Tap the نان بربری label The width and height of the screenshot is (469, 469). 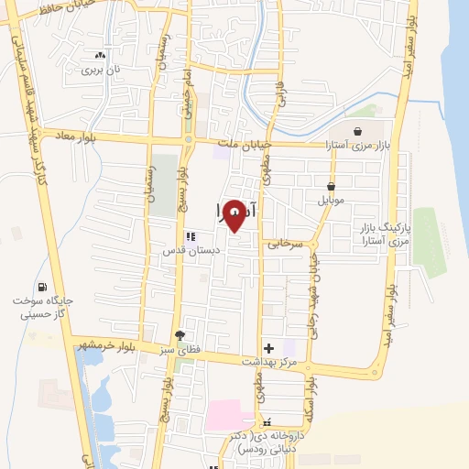tap(100, 69)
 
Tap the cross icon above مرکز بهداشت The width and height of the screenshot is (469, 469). tap(267, 347)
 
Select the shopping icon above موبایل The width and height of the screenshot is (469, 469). tap(330, 185)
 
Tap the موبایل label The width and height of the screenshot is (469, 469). tap(331, 199)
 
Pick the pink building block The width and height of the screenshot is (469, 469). tap(224, 414)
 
